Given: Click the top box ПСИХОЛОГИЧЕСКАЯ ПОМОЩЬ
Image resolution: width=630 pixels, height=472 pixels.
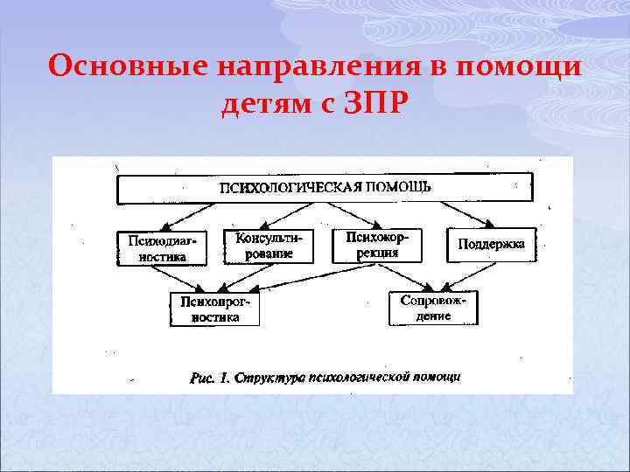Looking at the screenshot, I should pos(324,188).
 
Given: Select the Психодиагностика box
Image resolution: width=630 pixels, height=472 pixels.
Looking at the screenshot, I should pos(162,248).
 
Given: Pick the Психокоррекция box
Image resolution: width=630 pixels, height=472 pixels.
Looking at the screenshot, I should pos(377,246).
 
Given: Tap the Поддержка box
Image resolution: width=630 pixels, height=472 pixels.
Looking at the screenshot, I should pos(491,245).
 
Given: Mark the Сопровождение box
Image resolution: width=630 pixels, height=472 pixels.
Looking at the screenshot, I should pos(434,308).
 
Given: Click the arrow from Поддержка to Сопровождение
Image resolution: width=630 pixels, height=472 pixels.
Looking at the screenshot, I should pos(468,276).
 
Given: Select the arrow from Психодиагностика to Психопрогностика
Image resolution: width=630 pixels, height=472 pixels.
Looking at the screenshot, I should pos(188,278).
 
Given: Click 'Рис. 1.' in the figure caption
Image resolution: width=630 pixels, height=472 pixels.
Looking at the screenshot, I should pos(210,378).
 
